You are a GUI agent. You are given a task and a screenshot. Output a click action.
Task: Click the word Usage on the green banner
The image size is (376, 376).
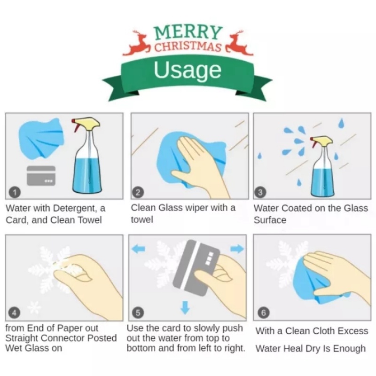[x=188, y=70]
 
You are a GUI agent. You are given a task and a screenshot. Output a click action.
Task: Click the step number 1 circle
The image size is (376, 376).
[x=15, y=192]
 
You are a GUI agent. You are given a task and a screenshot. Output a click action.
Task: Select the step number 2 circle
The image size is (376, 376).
[x=138, y=192]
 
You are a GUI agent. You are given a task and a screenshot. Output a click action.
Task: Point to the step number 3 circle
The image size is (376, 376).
[x=260, y=192]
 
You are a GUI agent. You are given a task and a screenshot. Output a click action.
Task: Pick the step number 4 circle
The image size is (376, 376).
[x=14, y=313]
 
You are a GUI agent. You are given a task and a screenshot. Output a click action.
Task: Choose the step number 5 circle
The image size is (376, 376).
[x=138, y=313]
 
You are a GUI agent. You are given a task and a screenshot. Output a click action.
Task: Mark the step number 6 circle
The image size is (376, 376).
[x=263, y=313]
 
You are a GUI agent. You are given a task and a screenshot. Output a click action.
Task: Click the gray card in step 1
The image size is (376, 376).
[x=41, y=176]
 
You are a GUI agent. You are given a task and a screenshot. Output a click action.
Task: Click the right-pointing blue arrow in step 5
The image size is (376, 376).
[x=237, y=249]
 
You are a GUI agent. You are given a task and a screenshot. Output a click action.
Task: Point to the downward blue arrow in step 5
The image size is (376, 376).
[x=185, y=307]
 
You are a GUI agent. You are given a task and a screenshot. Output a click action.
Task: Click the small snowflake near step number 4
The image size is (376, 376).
[x=34, y=308]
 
